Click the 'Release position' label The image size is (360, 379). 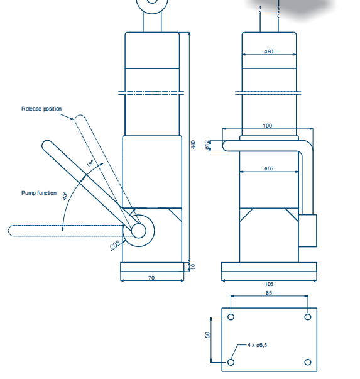tap(41, 109)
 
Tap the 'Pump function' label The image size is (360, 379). tap(39, 193)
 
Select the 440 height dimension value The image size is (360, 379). tap(193, 145)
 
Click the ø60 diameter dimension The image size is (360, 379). tap(268, 52)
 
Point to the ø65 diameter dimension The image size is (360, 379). tap(268, 168)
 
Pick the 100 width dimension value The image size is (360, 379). tap(267, 126)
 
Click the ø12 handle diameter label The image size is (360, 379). tap(207, 145)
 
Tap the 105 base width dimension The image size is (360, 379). tap(269, 284)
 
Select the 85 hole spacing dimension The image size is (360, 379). tap(269, 293)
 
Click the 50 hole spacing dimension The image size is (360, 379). tap(207, 335)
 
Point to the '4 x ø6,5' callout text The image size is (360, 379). tap(257, 345)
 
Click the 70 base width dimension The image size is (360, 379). tap(151, 278)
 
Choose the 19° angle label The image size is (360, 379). tap(90, 163)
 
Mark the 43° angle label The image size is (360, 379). tap(65, 195)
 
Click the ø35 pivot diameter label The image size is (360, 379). tap(115, 244)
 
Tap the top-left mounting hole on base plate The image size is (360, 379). tap(231, 317)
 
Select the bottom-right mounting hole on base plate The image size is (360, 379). tap(308, 362)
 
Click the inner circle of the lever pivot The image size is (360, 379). tap(138, 231)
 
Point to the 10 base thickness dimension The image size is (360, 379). tap(193, 266)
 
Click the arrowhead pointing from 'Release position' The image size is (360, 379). tap(72, 118)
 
